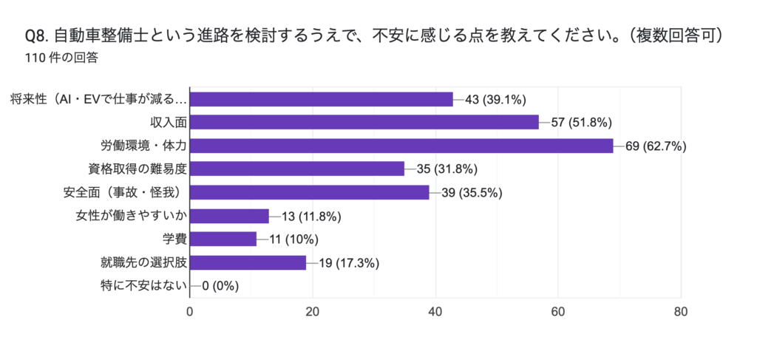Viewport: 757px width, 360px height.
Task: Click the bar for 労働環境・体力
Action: [x=402, y=146]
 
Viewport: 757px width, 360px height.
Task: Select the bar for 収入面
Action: [x=365, y=122]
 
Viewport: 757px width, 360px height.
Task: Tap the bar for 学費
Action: [x=224, y=239]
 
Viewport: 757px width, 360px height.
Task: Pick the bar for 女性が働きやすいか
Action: [x=230, y=216]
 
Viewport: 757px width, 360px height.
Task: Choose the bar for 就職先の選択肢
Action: [x=248, y=262]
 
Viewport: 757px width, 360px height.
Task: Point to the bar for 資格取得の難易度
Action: [x=298, y=169]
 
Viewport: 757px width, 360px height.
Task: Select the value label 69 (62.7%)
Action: [x=656, y=146]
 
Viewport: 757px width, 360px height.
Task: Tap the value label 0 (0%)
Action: [x=220, y=286]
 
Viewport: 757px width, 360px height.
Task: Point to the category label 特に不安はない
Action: [x=143, y=285]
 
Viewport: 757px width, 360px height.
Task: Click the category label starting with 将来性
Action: [x=98, y=99]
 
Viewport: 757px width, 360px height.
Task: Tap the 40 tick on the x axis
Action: [x=435, y=311]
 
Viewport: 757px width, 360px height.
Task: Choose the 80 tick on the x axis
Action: [x=681, y=311]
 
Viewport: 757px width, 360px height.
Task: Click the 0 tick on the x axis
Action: [x=190, y=311]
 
